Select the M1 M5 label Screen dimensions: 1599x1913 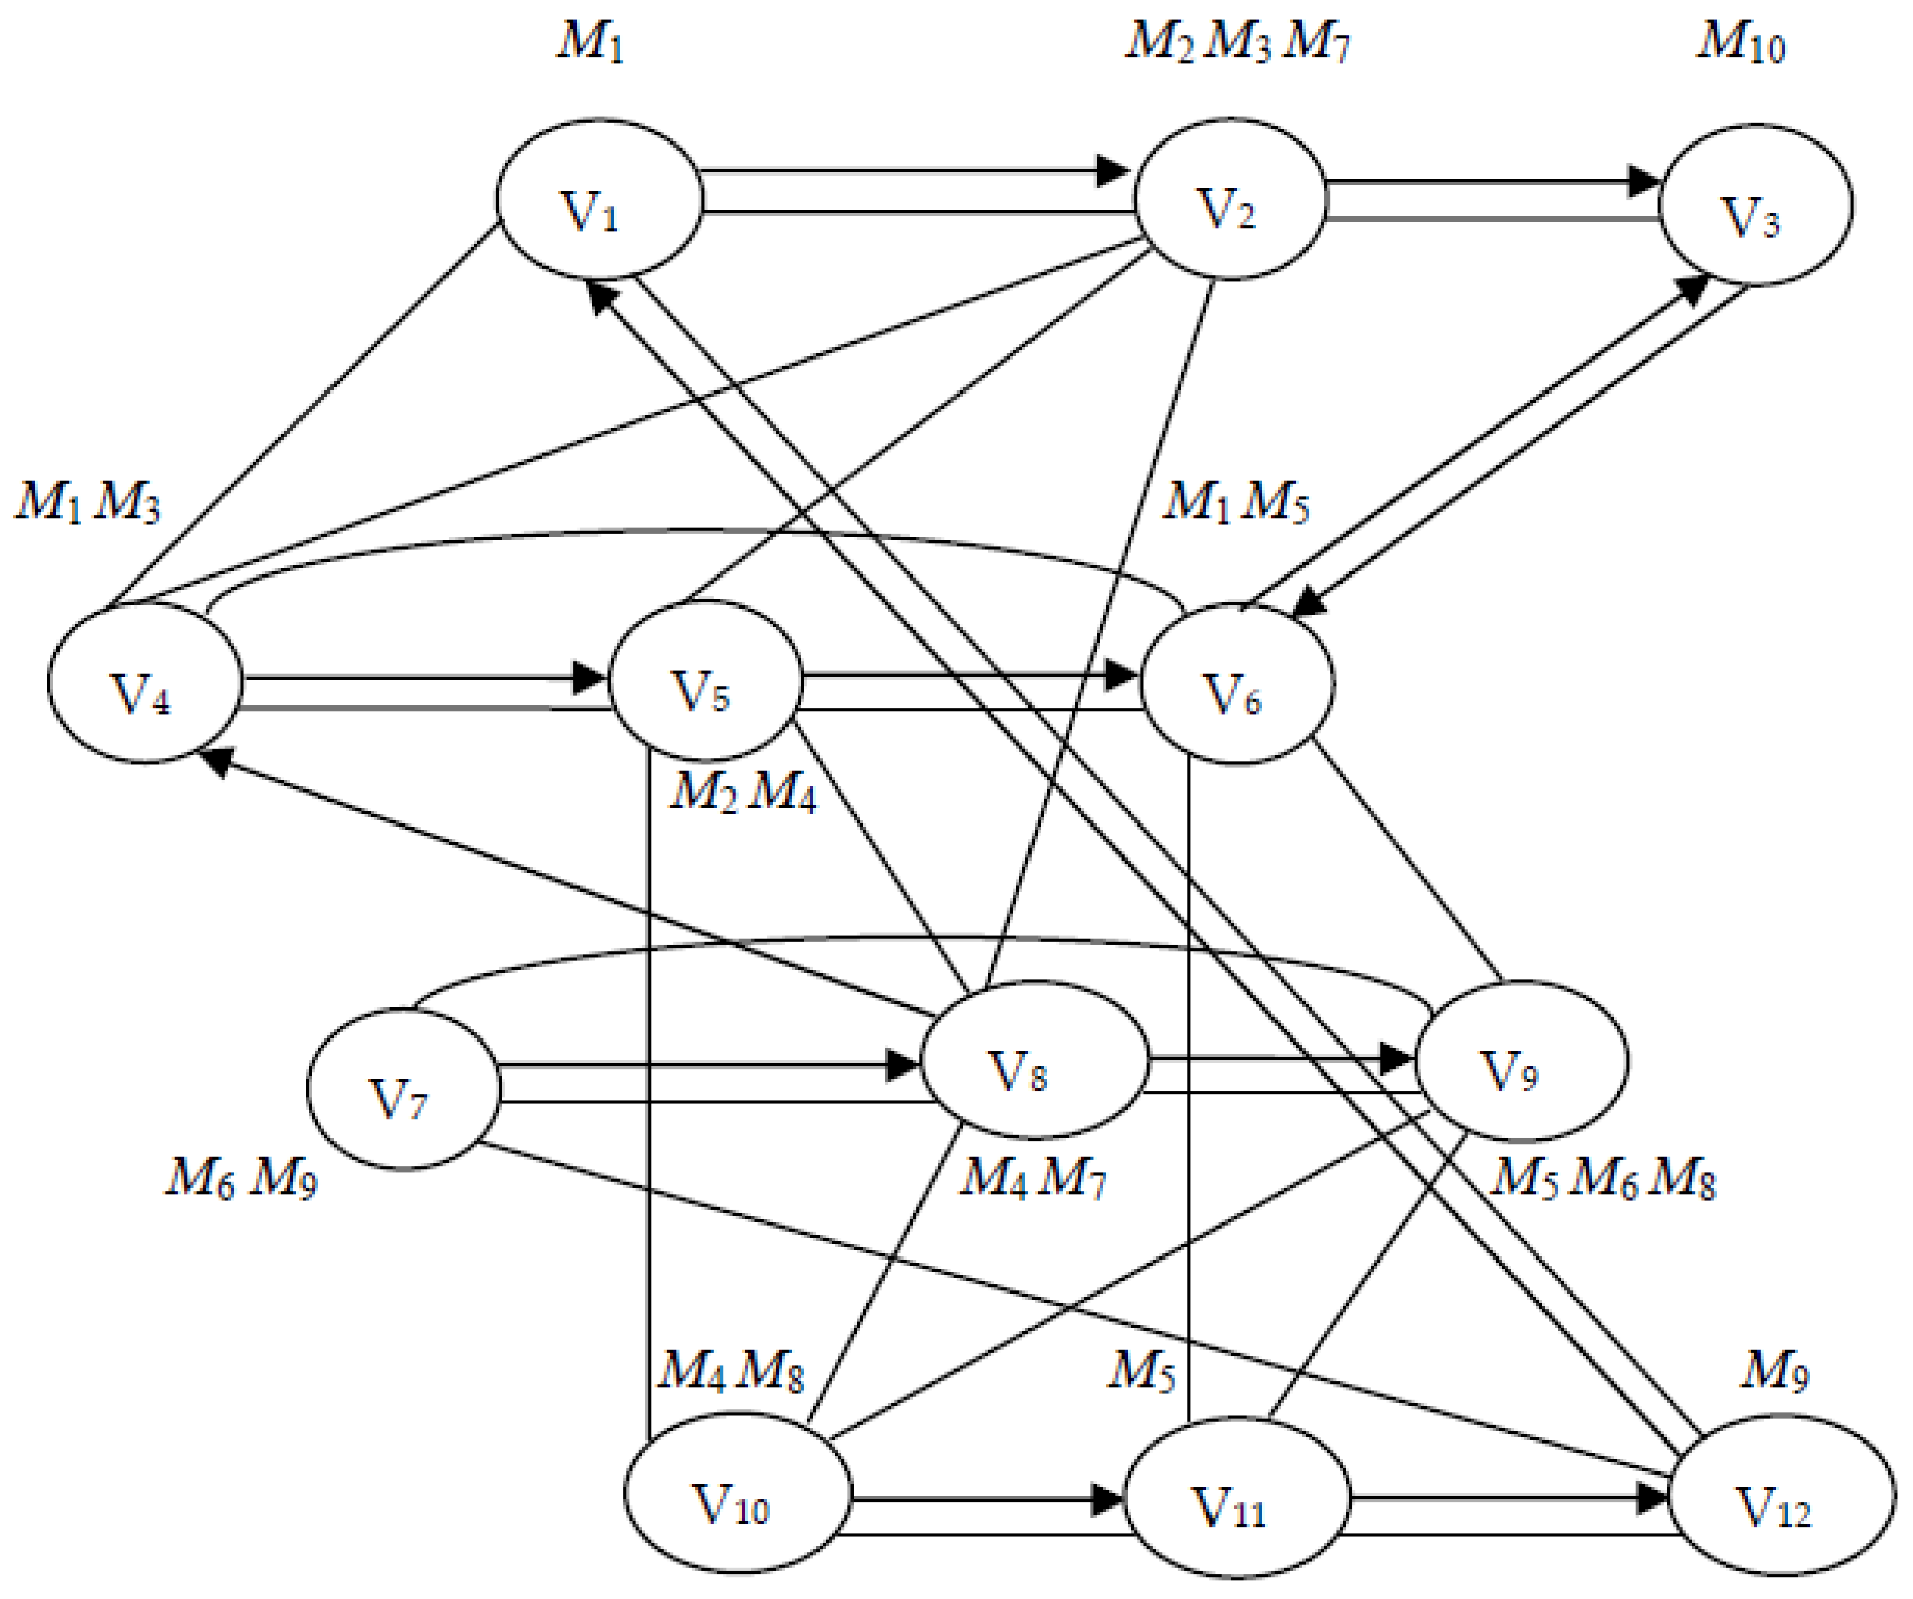point(1235,502)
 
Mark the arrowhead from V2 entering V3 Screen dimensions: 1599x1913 point(1645,180)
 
